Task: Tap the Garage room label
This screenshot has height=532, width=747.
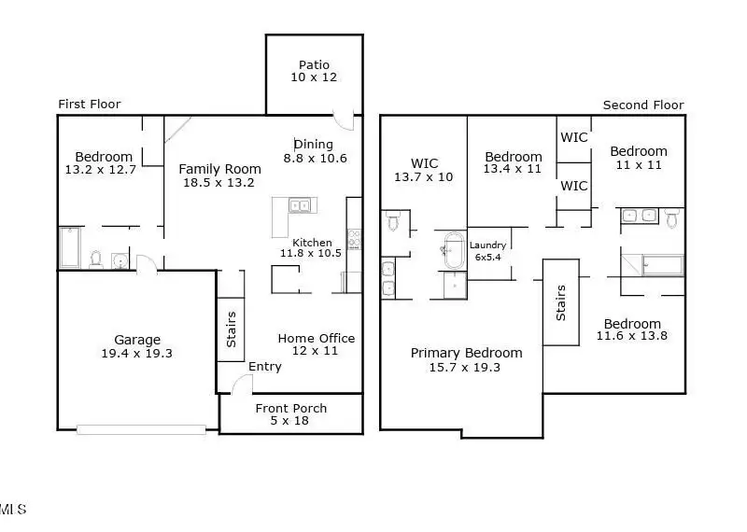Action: tap(137, 340)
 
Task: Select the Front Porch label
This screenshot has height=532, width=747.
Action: tap(291, 408)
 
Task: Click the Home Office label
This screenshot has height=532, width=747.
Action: tap(317, 338)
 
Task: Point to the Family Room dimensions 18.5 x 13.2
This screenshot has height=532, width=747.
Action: tap(218, 182)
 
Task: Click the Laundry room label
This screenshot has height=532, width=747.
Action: tap(487, 245)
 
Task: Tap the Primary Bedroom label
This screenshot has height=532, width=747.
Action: tap(466, 353)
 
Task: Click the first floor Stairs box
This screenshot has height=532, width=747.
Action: tap(231, 329)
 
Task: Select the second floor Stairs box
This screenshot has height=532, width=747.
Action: tap(561, 302)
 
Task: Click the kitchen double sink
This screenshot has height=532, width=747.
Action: tap(300, 205)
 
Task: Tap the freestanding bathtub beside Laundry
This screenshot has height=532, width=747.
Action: tap(454, 250)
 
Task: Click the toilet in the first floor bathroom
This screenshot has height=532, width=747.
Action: tap(96, 259)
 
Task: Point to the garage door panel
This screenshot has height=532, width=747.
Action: tap(142, 430)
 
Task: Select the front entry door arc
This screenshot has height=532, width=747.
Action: tap(242, 384)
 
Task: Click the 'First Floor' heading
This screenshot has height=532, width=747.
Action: tap(90, 104)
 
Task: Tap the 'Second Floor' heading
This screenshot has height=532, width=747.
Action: tap(643, 105)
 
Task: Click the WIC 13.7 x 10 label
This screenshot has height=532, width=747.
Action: tap(424, 170)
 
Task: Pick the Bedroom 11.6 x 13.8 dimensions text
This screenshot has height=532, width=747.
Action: tap(632, 336)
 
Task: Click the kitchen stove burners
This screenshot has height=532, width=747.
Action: tap(354, 239)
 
